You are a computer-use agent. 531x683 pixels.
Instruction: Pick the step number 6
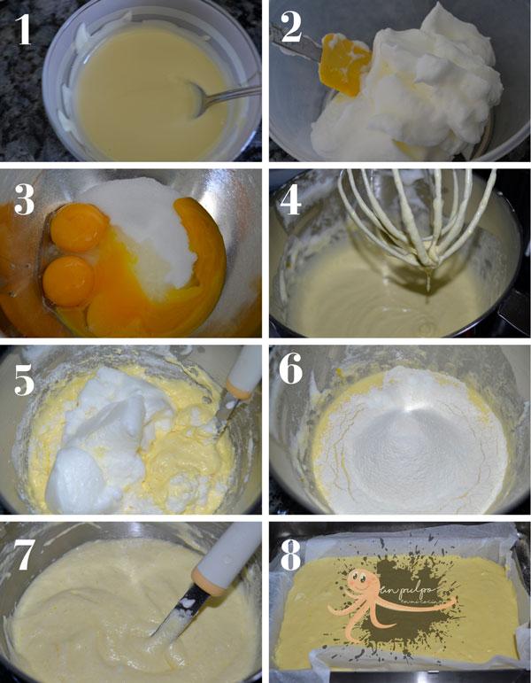[292, 375]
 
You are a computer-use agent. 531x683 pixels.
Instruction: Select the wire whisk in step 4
[416, 217]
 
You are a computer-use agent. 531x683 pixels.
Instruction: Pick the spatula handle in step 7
[212, 567]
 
